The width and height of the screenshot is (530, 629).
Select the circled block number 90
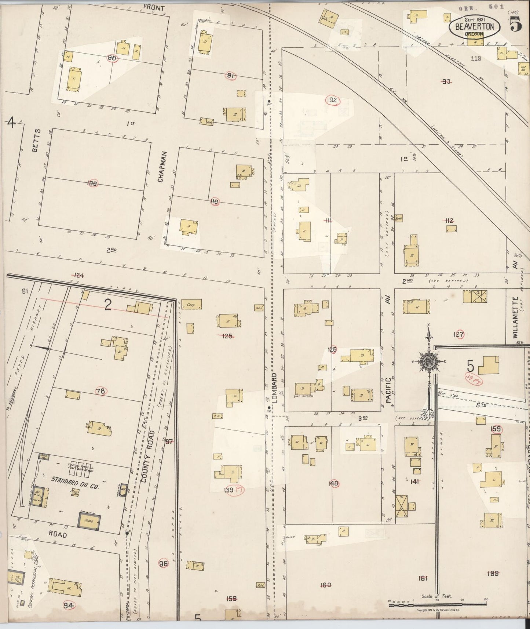(x=112, y=58)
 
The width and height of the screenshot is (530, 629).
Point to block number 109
(x=92, y=183)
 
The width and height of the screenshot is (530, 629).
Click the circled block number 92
(x=333, y=100)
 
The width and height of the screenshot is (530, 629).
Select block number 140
(x=333, y=484)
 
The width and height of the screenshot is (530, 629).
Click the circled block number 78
(x=100, y=391)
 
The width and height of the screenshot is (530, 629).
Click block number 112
(x=449, y=221)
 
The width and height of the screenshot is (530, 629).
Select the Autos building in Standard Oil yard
(x=88, y=521)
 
